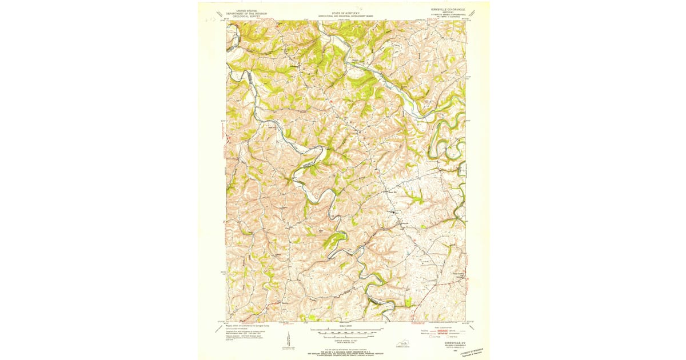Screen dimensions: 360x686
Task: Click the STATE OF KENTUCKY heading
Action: pyautogui.click(x=343, y=11)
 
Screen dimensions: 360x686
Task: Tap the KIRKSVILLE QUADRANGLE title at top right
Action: pyautogui.click(x=448, y=10)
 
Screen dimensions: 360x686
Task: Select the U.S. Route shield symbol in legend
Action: pyautogui.click(x=432, y=337)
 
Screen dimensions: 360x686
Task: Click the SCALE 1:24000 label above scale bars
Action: pyautogui.click(x=343, y=325)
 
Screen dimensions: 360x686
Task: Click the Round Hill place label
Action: pyautogui.click(x=393, y=193)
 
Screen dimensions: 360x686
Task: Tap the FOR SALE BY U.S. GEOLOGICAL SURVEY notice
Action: pyautogui.click(x=343, y=351)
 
